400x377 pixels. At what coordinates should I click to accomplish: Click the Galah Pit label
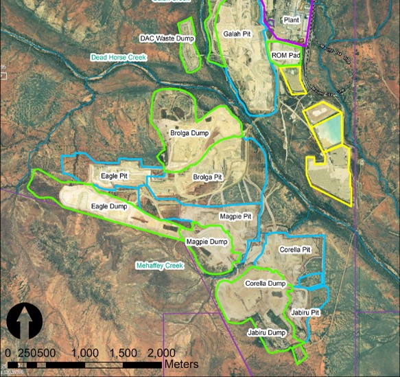pyautogui.click(x=237, y=33)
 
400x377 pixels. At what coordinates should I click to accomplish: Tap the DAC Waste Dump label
pyautogui.click(x=167, y=38)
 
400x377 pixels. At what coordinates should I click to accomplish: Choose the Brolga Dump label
pyautogui.click(x=189, y=133)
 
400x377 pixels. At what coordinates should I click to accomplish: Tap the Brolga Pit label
pyautogui.click(x=207, y=176)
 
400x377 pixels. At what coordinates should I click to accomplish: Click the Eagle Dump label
pyautogui.click(x=109, y=205)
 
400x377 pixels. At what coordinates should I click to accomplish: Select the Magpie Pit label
pyautogui.click(x=235, y=216)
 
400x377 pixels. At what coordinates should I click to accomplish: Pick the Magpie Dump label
pyautogui.click(x=207, y=242)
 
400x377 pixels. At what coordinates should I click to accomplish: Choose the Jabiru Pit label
pyautogui.click(x=306, y=312)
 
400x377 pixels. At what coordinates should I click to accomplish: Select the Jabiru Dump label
pyautogui.click(x=266, y=332)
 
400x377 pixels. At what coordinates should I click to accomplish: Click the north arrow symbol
pyautogui.click(x=25, y=321)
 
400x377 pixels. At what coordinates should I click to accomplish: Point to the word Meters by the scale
pyautogui.click(x=181, y=363)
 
